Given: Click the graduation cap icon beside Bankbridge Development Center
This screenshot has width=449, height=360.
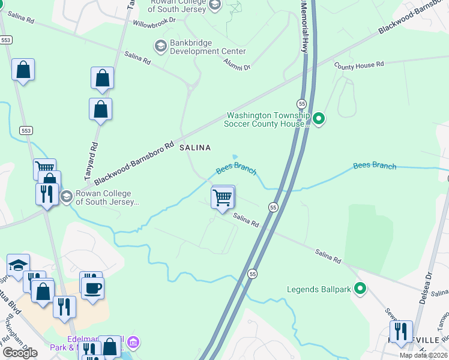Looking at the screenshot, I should [x=160, y=46].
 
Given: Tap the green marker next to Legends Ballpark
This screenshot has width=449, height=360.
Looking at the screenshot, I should [x=360, y=290].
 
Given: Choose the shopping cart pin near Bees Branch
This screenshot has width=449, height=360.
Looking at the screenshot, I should [x=223, y=197].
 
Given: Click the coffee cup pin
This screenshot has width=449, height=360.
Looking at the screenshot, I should [x=92, y=288].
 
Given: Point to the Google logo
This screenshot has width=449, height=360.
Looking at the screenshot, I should [x=20, y=353].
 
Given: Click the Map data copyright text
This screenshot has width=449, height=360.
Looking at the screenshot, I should [x=423, y=355].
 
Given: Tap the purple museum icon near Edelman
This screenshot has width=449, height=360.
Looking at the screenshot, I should [x=134, y=343].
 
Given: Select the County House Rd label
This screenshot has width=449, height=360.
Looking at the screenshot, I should [x=359, y=65].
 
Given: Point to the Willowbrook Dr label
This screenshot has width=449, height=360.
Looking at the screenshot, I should [x=154, y=20].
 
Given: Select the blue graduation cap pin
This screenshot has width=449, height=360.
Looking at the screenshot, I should [x=19, y=265].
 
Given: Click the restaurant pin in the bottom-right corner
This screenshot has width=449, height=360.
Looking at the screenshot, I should [x=400, y=331].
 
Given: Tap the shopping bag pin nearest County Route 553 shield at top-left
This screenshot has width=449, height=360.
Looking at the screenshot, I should [x=23, y=70].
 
